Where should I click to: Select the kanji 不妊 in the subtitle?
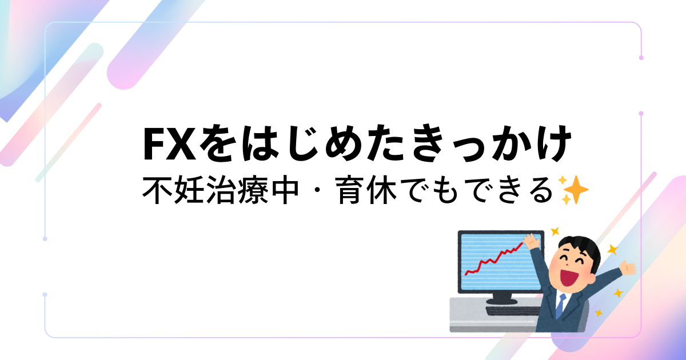point(174,190)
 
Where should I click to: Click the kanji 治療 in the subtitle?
point(237,190)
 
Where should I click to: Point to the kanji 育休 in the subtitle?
point(366,190)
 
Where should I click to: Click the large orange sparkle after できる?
point(576,190)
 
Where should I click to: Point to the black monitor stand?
point(502,298)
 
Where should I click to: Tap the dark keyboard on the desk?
point(513,311)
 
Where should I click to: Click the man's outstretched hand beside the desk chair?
point(627,267)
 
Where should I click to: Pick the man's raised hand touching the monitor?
point(531,241)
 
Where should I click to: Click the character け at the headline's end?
point(551,143)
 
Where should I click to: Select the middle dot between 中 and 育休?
point(317,190)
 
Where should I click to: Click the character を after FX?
point(218,143)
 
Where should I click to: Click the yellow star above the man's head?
point(555,231)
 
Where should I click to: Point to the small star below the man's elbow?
point(599,313)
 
